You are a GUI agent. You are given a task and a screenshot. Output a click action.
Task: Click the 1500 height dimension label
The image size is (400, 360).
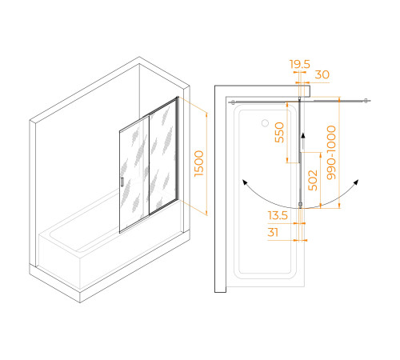click(199, 163)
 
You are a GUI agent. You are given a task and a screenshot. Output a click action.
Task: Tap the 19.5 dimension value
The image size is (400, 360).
click(300, 64)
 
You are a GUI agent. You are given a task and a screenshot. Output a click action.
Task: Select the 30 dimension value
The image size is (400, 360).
click(322, 74)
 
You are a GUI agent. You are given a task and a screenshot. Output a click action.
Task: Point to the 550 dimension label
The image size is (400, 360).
click(279, 132)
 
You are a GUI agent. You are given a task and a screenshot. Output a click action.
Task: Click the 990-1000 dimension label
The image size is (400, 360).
click(331, 152)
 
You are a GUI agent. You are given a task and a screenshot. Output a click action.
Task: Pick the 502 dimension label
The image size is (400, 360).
click(313, 180)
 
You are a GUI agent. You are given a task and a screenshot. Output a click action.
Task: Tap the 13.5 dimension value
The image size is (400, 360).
click(278, 215)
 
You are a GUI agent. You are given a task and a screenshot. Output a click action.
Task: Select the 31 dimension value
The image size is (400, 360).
click(273, 232)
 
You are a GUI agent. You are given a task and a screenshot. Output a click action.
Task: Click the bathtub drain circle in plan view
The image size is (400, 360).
click(265, 123)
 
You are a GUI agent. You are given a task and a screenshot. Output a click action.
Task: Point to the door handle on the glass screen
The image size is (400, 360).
click(122, 182)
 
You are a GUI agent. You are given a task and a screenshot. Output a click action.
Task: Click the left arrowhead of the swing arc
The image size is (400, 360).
click(245, 182)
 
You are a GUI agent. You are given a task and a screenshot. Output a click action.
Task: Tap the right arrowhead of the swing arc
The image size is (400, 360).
click(356, 182)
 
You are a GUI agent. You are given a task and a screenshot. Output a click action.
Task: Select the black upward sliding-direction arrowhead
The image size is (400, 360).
click(303, 135)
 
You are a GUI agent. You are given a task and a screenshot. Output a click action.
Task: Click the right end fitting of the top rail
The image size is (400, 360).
click(366, 101)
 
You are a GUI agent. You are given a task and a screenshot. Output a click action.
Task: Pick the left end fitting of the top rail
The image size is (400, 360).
click(233, 102)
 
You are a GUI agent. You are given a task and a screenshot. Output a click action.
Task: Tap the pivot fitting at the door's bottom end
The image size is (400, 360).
click(300, 205)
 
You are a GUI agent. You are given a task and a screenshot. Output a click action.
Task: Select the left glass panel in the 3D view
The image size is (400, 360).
click(134, 174)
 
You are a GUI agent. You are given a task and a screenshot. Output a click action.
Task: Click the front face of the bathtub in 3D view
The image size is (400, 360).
click(60, 262)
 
